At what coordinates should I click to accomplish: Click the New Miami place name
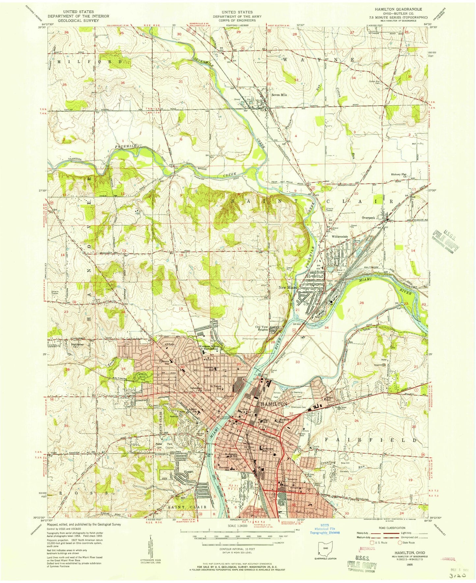point(288,287)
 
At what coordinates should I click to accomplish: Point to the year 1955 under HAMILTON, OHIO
point(406,565)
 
